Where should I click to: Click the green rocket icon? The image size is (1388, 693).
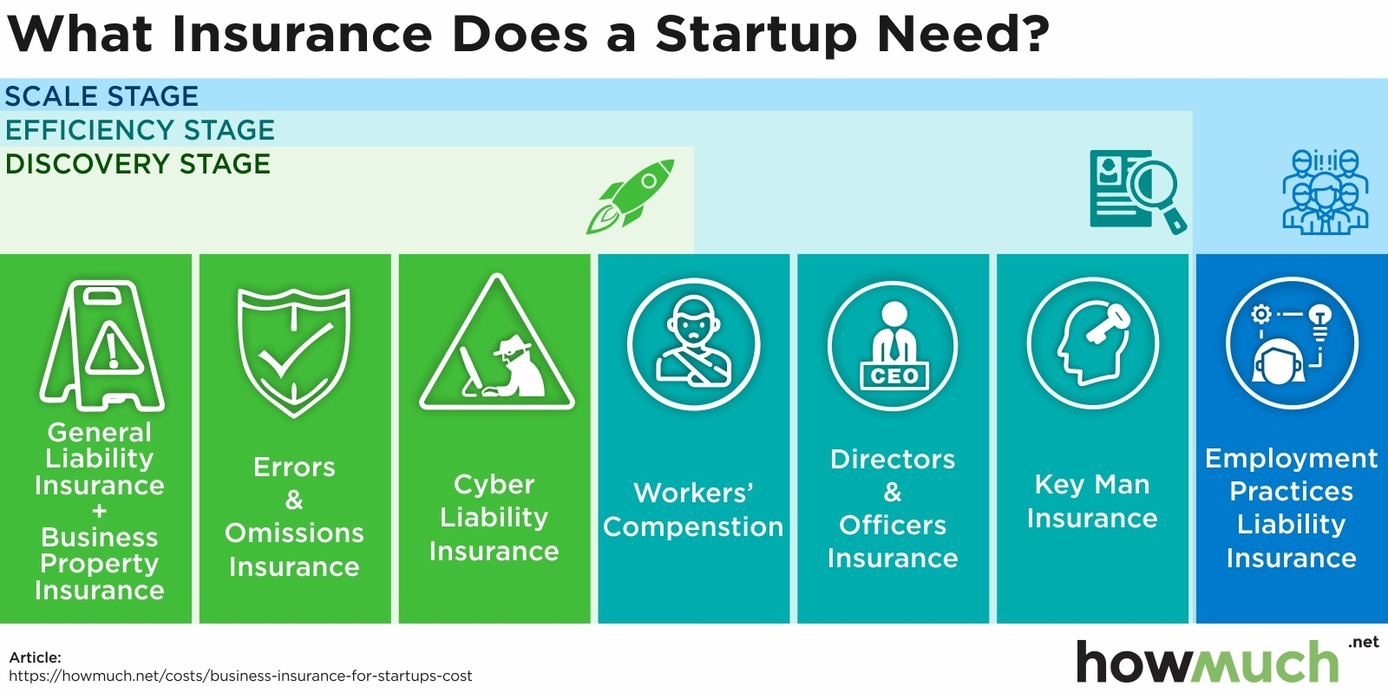630,196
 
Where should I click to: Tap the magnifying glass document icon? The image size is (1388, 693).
1137,192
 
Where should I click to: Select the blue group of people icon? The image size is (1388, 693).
1325,192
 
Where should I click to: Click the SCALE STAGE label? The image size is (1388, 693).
101,96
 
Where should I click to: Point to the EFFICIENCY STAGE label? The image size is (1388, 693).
140,130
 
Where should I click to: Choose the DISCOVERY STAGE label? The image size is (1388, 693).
138,164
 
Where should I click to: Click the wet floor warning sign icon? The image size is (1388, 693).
102,345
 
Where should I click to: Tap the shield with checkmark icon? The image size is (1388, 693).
294,352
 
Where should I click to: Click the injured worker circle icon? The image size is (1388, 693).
693,343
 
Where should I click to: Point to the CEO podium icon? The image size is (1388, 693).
893,345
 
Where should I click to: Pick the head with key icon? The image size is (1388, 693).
1092,343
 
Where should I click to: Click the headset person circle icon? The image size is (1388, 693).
1292,343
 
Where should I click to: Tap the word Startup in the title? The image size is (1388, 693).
756,36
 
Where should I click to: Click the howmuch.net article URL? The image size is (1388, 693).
240,676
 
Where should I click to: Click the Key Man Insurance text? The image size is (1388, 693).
1092,501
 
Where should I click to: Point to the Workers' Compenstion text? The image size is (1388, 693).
693,510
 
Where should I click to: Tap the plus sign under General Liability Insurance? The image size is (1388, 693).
99,511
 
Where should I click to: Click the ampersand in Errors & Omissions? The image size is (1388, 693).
294,500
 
